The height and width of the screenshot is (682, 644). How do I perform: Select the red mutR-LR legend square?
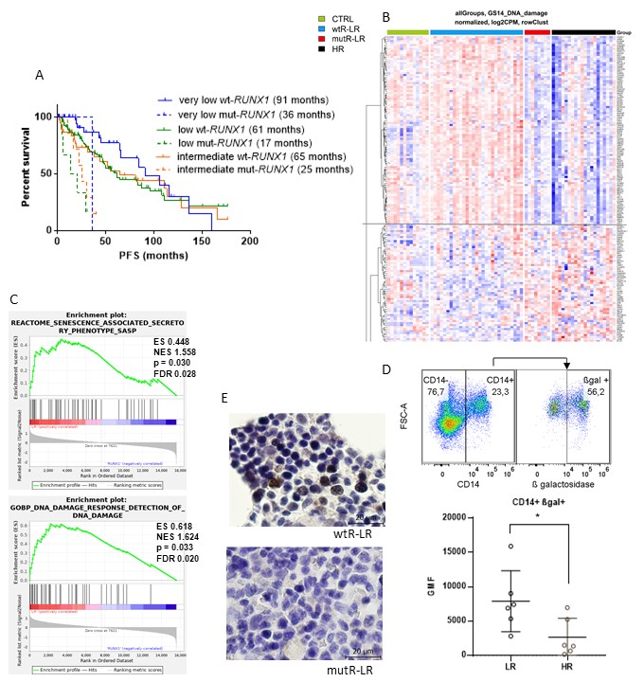click(321, 39)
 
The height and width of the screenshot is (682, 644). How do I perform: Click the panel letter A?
click(39, 75)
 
